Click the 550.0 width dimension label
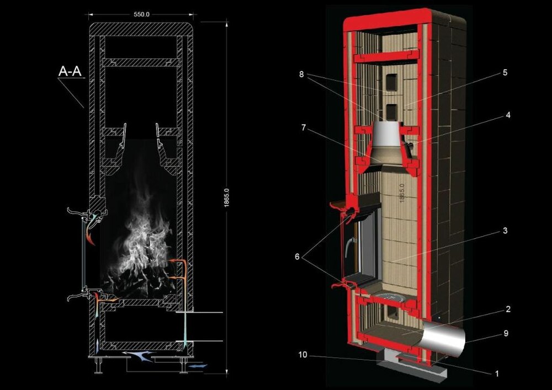click(141, 14)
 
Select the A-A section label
click(70, 71)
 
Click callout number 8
click(301, 74)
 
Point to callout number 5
click(505, 72)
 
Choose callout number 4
click(508, 115)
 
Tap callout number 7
click(304, 127)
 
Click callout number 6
click(297, 257)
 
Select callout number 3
click(505, 231)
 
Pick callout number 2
click(508, 309)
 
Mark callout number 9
click(506, 333)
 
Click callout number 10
click(302, 355)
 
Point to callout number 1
click(497, 373)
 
